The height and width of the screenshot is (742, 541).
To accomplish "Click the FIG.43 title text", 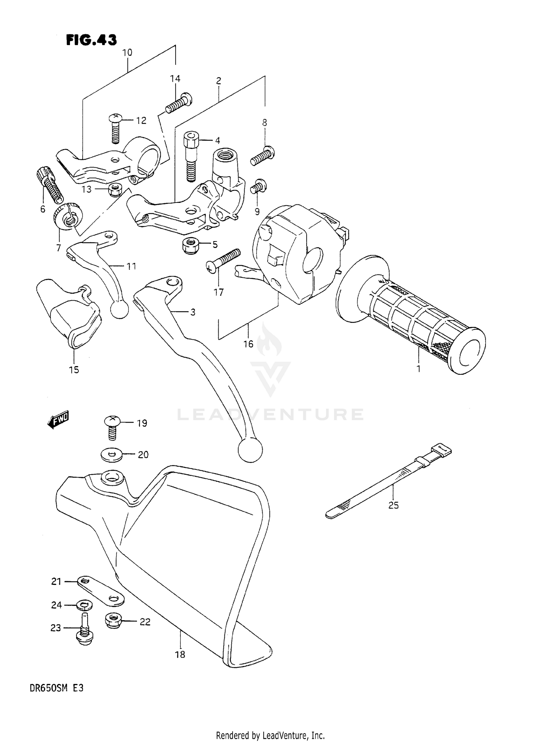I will pos(91,40).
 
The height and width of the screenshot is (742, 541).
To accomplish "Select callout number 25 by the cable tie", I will pos(393,506).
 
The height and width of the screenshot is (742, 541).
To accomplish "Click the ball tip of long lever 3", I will pos(250,450).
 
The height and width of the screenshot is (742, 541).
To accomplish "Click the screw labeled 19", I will pos(113,427).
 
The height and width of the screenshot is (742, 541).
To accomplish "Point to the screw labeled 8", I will pos(263,156).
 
